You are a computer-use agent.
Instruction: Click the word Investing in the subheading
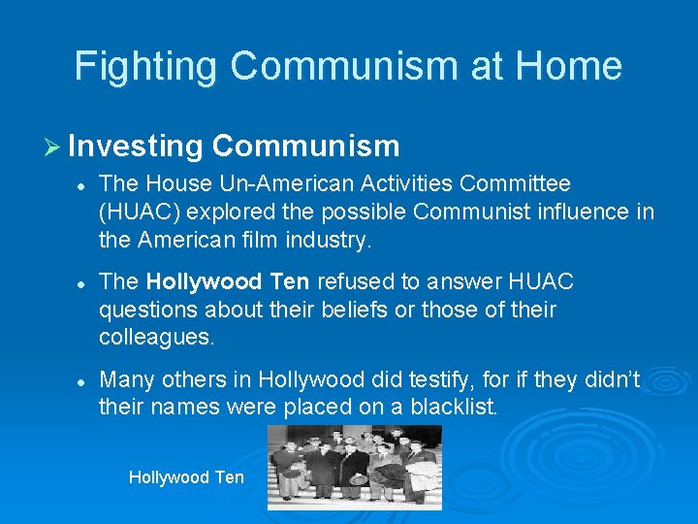136,146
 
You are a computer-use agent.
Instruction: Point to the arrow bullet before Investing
54,147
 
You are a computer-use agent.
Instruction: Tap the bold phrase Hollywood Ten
228,281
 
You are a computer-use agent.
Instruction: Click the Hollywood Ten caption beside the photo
186,476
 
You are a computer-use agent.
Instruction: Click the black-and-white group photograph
355,468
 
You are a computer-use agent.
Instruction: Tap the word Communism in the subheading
305,146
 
